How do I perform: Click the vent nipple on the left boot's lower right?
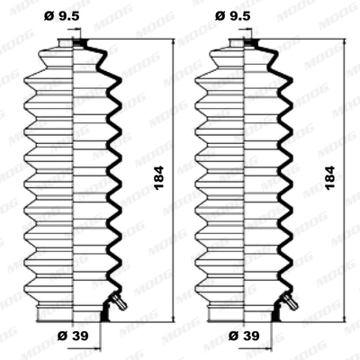(x=116, y=301)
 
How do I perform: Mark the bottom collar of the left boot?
(x=72, y=312)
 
